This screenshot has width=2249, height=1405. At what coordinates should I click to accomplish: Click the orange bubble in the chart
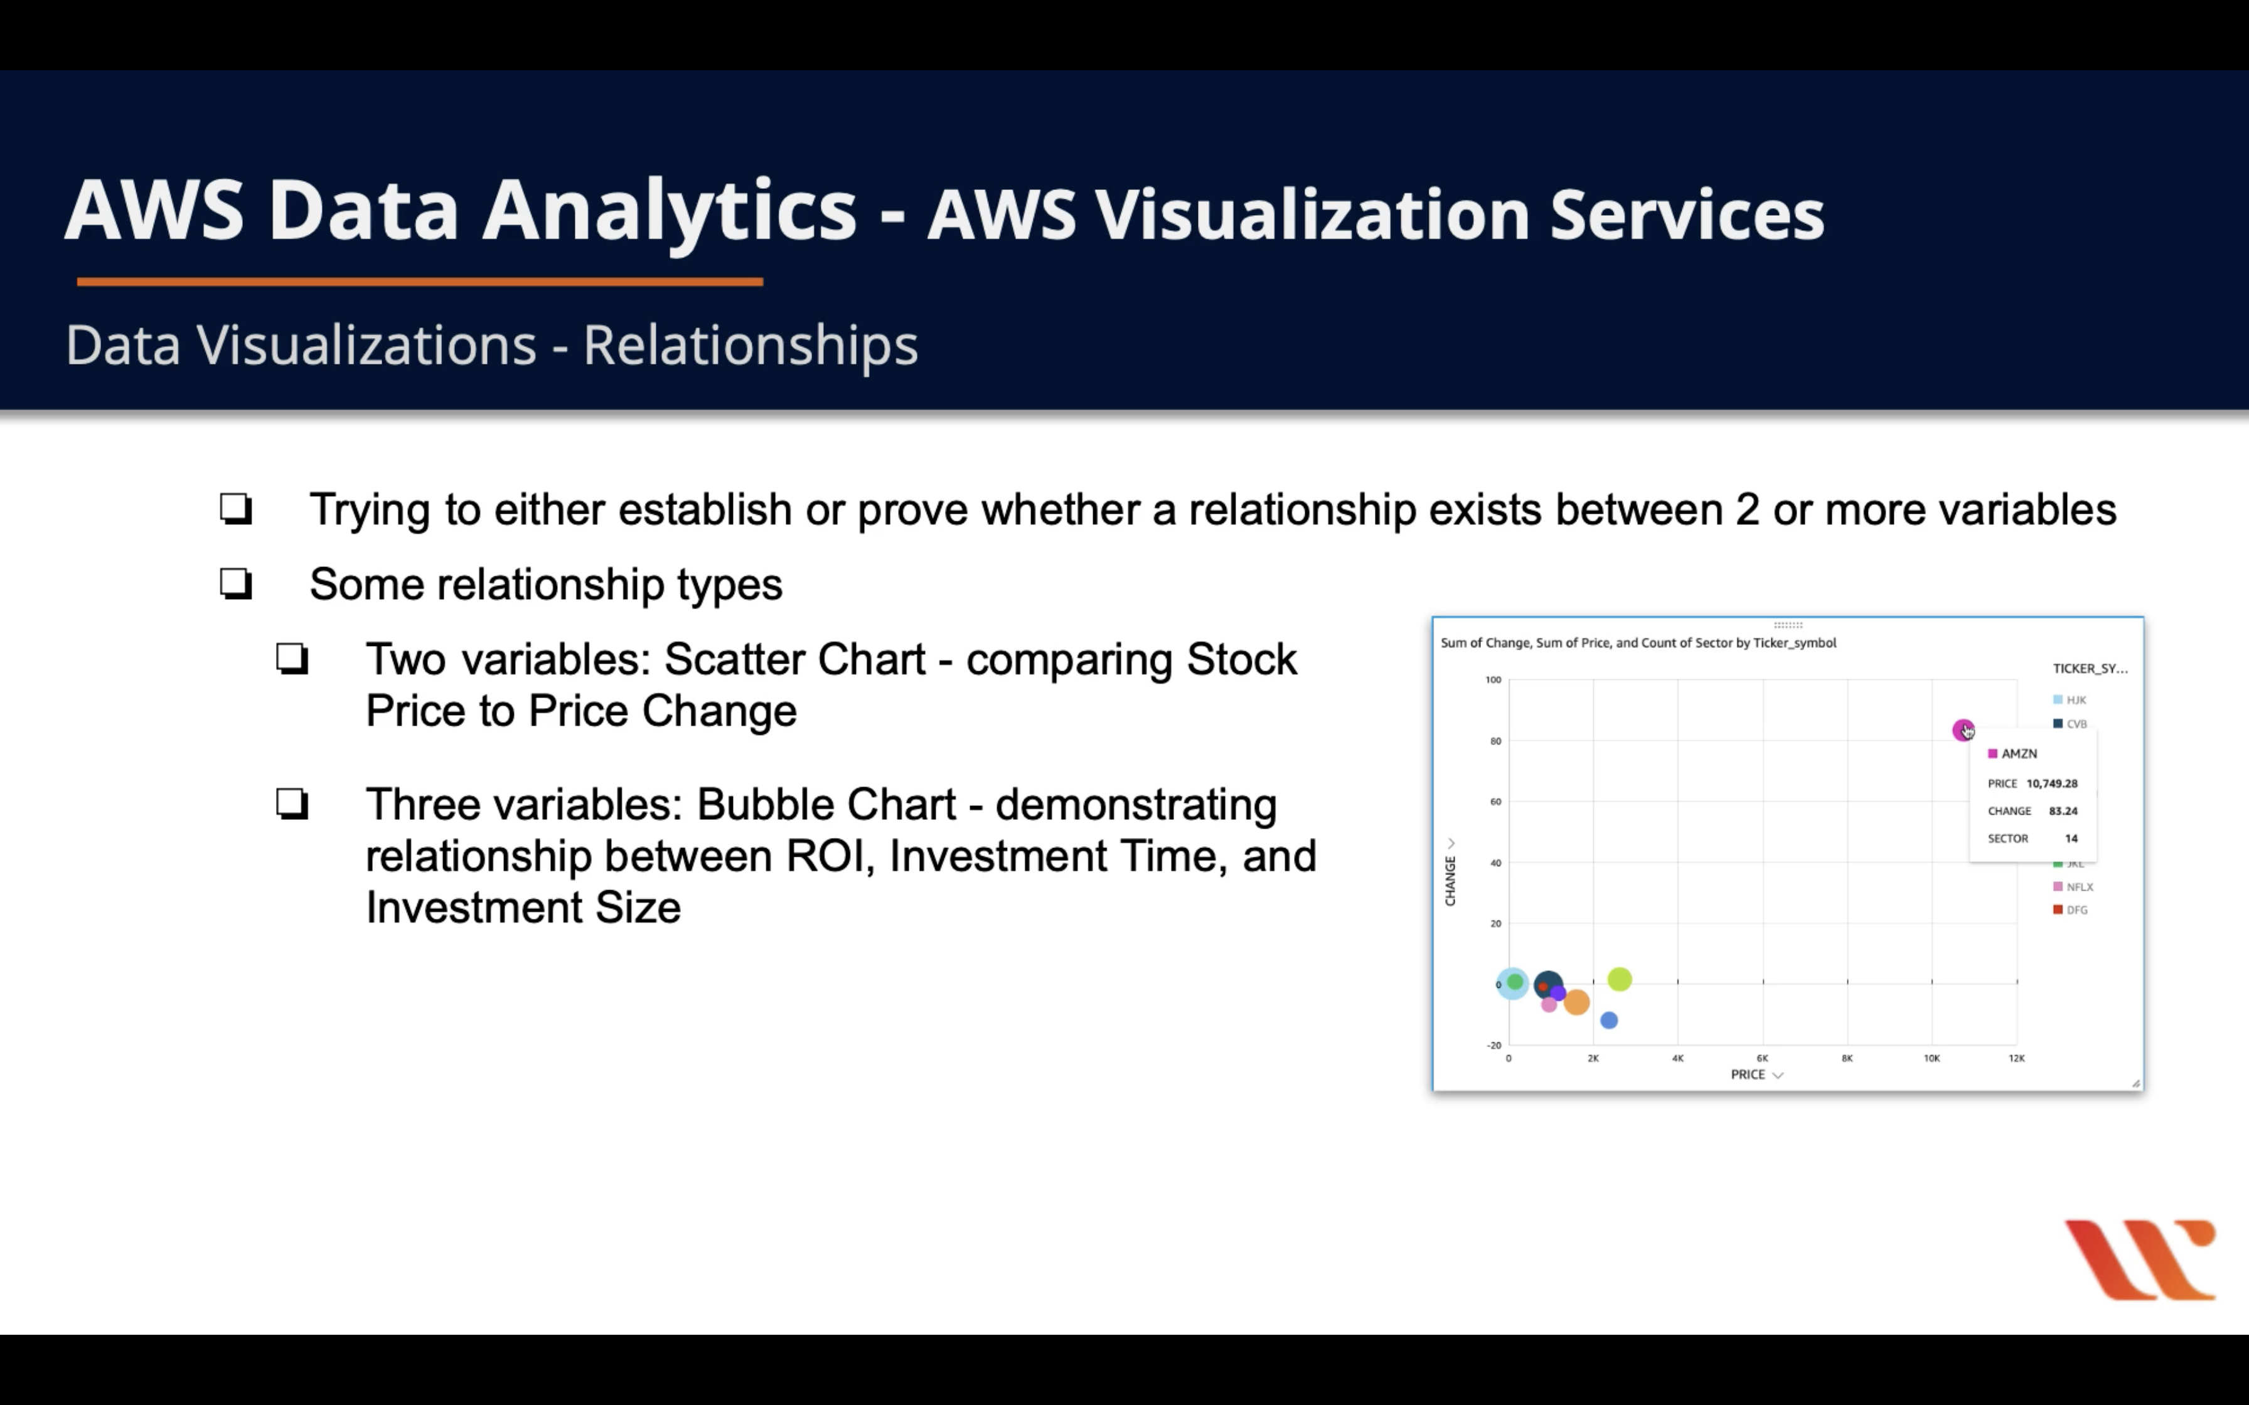click(1576, 1002)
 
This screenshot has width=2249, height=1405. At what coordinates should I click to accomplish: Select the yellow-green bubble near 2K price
click(1620, 978)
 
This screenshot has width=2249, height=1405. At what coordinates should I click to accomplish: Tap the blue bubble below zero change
click(1609, 1021)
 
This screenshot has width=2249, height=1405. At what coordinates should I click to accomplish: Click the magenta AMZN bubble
click(1962, 729)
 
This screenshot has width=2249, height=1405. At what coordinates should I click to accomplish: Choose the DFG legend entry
click(2071, 909)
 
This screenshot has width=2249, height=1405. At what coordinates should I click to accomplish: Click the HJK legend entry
click(2071, 700)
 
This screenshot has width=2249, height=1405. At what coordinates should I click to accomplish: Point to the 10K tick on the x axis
click(1931, 1058)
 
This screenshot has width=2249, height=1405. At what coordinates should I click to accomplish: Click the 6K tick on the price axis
click(1762, 1058)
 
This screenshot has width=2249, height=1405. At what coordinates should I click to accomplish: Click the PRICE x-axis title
click(1747, 1074)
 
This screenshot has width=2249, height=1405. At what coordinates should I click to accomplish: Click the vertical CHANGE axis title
click(1450, 881)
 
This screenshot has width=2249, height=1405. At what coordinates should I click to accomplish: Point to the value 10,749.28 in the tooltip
click(2052, 783)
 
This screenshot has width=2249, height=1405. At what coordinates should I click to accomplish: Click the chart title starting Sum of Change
click(1638, 643)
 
